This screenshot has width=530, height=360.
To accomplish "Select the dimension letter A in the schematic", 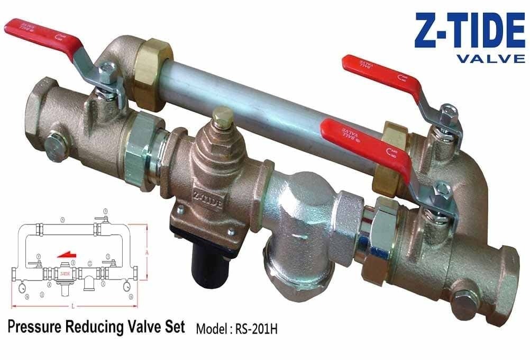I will click(147, 253).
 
